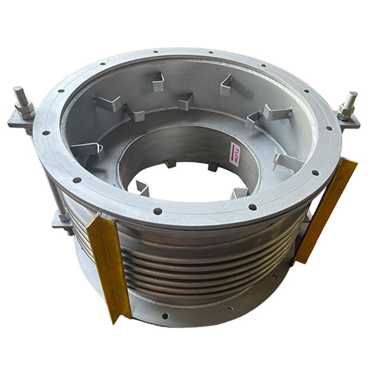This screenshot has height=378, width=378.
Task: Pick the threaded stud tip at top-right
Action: [352, 98]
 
